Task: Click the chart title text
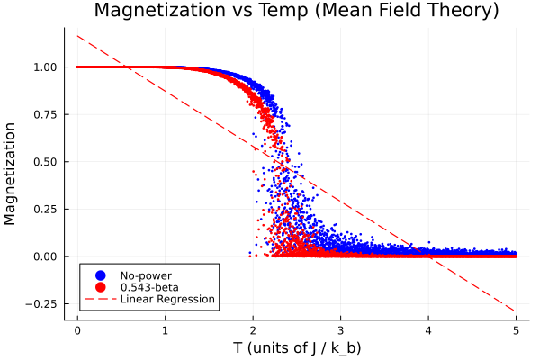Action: (x=296, y=12)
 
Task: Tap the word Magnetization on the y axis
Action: (x=12, y=174)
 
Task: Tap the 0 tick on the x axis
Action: (x=77, y=329)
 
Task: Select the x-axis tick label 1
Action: (x=166, y=329)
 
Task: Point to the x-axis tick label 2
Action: (x=253, y=329)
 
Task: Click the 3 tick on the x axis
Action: (x=341, y=329)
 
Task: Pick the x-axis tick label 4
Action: (x=428, y=329)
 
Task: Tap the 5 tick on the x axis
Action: (x=517, y=329)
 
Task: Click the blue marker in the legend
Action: (x=101, y=274)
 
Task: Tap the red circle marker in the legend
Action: (x=101, y=287)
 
